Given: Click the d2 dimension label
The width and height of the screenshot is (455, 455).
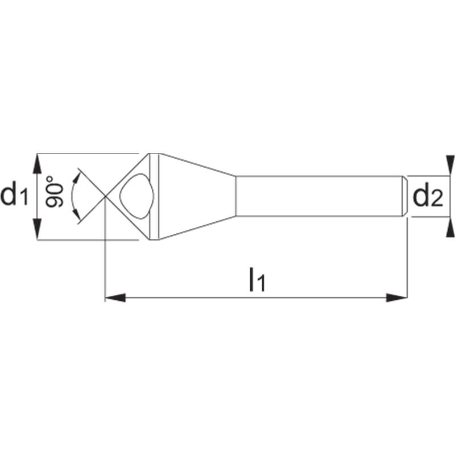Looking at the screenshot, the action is point(428,197).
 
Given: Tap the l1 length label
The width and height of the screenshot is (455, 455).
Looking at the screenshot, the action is point(257,279).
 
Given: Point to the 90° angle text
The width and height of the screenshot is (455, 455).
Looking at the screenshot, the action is point(54,191).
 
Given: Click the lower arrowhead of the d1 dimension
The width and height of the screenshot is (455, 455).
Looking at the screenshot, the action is point(38,229).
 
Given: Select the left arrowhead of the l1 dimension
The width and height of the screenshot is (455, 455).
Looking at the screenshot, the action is point(115,297).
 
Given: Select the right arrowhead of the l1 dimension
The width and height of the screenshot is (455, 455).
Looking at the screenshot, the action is point(396,297).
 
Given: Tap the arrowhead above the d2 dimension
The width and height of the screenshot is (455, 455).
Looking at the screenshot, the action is point(450,166).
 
